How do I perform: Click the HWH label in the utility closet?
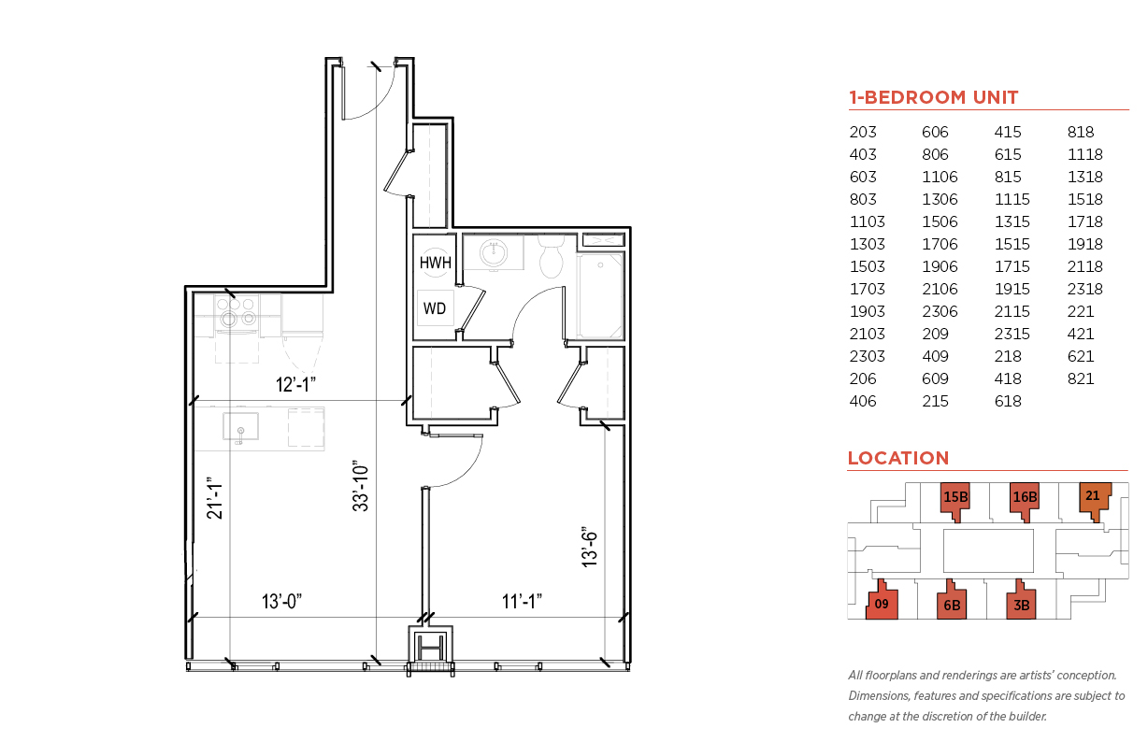click(435, 263)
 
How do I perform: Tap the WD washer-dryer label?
click(435, 308)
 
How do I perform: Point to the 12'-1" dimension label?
click(295, 384)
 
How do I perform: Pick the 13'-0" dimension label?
click(281, 602)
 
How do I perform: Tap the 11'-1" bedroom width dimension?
click(522, 602)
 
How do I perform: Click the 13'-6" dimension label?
click(590, 547)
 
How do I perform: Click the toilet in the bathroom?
click(551, 256)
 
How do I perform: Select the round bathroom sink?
click(494, 252)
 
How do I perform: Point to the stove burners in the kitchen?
click(237, 311)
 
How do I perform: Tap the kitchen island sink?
click(240, 427)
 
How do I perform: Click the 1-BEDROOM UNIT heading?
click(933, 97)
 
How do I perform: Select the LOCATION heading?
click(898, 458)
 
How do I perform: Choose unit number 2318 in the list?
click(1085, 289)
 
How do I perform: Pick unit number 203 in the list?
click(863, 132)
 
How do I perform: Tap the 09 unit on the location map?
click(882, 603)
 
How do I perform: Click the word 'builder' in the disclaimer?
click(1027, 717)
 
